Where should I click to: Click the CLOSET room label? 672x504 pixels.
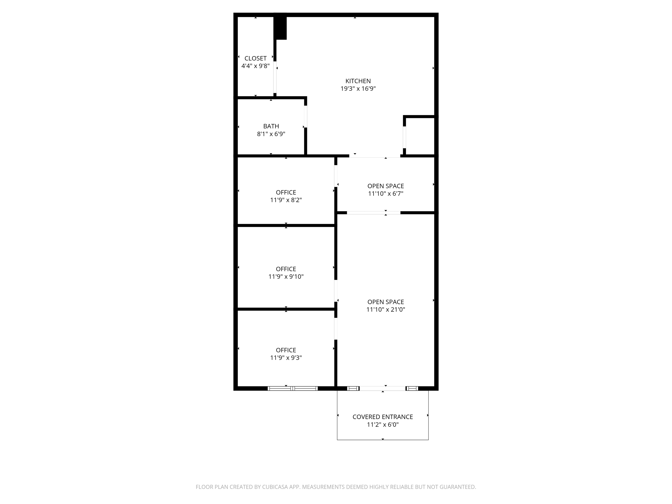click(x=256, y=58)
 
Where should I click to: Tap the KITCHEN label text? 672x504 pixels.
click(x=358, y=81)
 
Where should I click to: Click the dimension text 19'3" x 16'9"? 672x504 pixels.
click(x=358, y=89)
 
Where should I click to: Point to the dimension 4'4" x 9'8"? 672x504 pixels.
click(x=256, y=66)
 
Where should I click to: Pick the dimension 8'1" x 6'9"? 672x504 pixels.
click(x=271, y=134)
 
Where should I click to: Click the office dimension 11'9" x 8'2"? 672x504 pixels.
click(x=286, y=200)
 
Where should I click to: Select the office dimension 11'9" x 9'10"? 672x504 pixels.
click(x=286, y=277)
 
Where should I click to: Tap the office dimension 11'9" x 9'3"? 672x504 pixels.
click(x=286, y=358)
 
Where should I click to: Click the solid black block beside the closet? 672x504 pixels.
click(x=280, y=27)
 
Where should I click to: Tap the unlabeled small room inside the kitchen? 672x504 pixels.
click(x=420, y=136)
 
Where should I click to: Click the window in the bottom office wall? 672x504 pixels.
click(x=293, y=388)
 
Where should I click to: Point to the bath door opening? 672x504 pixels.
click(x=306, y=116)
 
